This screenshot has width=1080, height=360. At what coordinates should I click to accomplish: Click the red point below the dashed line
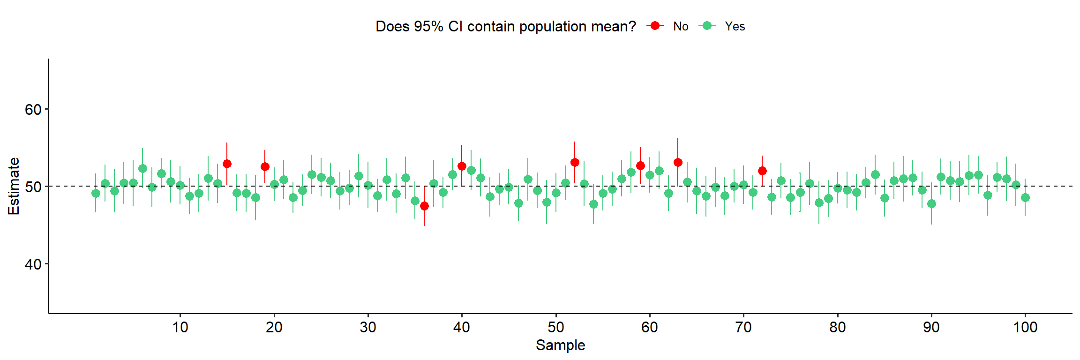pos(424,206)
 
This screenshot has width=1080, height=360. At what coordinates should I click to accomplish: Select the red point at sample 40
pos(462,166)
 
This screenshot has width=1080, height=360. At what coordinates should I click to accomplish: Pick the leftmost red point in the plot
pos(227,164)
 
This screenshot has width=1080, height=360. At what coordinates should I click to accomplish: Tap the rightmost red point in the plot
pos(762,171)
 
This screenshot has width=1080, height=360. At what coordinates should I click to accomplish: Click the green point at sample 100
pos(1025,197)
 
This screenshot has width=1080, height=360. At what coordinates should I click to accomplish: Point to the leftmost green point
pos(96,193)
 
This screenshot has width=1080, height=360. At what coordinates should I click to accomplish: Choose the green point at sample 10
pos(180,185)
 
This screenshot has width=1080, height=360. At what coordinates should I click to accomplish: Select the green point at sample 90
pos(931,203)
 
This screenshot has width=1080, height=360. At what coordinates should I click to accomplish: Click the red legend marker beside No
pos(655,26)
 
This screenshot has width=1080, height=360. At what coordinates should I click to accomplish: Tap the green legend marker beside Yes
pos(707,26)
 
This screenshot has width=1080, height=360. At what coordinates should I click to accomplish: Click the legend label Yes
pos(735,26)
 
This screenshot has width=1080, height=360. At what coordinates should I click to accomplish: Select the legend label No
pos(681,26)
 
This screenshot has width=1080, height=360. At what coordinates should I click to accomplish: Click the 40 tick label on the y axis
pos(33,264)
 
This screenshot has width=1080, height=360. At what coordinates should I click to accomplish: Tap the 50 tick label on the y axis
pos(33,187)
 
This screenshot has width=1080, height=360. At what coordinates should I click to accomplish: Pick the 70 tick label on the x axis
pos(743,327)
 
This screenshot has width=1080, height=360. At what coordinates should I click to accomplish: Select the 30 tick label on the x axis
pos(368,327)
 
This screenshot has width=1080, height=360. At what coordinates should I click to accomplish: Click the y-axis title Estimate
pos(14,186)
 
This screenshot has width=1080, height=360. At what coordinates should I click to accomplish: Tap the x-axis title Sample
pos(560,345)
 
